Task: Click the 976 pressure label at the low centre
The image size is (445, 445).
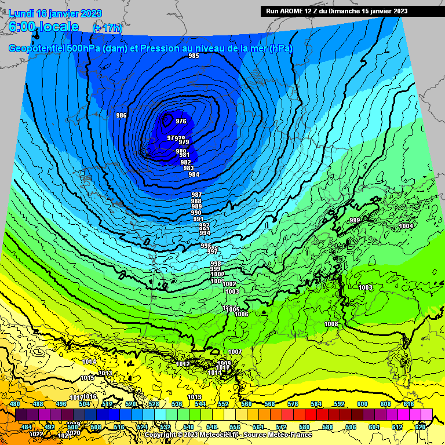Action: [181, 121]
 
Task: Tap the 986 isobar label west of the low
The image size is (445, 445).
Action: [121, 115]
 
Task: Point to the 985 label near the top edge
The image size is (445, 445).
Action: [194, 56]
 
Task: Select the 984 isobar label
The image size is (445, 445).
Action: [194, 174]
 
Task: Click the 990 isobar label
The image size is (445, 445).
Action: [196, 213]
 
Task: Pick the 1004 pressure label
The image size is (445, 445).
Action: [406, 226]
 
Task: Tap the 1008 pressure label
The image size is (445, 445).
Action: [331, 324]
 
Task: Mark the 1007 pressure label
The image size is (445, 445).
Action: [235, 352]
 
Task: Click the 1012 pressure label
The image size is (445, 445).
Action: [183, 364]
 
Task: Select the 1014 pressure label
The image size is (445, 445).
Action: [89, 362]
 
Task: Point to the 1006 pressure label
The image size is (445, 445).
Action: [242, 314]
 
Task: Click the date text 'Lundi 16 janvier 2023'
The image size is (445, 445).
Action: [55, 14]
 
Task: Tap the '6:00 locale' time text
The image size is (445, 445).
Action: [44, 27]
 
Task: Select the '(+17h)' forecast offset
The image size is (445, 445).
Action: [107, 28]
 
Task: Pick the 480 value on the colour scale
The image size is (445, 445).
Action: [15, 404]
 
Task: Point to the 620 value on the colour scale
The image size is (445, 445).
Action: [420, 426]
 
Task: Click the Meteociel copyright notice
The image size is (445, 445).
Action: [228, 435]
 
